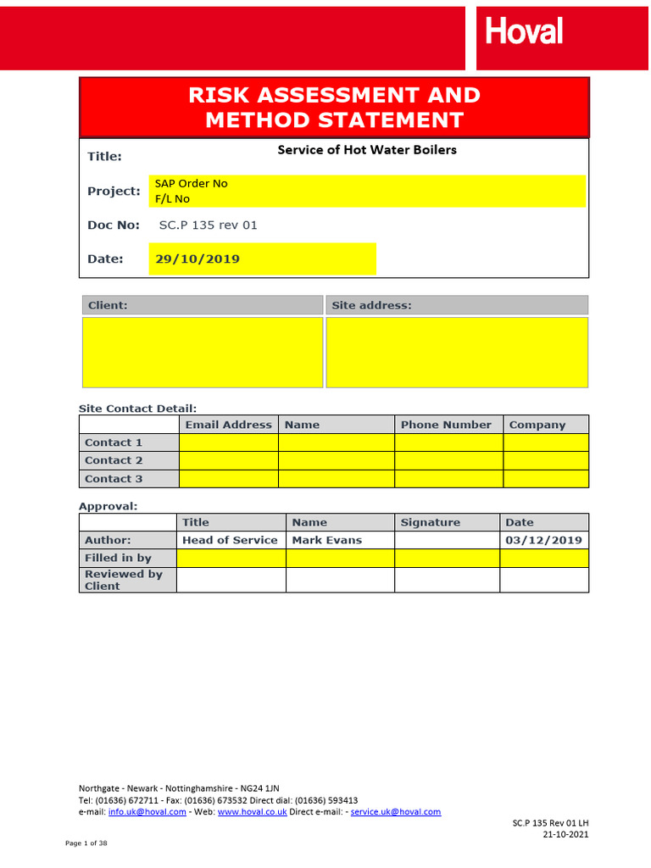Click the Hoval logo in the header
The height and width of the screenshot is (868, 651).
click(x=524, y=32)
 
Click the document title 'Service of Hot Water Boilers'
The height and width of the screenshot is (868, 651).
click(x=367, y=150)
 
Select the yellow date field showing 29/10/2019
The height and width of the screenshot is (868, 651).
click(x=262, y=259)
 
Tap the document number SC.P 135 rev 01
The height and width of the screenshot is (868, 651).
click(x=208, y=225)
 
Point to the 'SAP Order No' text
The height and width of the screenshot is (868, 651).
click(x=191, y=183)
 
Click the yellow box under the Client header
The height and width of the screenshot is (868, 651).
click(x=202, y=352)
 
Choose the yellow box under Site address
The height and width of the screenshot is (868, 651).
click(x=456, y=352)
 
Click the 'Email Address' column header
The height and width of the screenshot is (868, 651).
click(x=228, y=425)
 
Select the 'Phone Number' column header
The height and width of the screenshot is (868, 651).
click(x=446, y=425)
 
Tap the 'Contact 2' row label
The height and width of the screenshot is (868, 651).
click(x=114, y=460)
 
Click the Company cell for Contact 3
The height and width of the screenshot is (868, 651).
click(x=545, y=479)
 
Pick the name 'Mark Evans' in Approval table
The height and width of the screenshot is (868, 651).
click(x=326, y=540)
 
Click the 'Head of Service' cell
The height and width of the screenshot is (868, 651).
click(x=230, y=540)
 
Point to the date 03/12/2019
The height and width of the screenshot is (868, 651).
click(x=543, y=540)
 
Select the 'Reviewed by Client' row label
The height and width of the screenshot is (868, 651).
click(x=124, y=580)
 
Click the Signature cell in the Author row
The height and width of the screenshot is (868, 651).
click(x=447, y=540)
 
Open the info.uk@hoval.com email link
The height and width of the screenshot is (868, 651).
click(x=147, y=812)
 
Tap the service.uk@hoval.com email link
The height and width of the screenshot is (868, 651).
click(x=396, y=812)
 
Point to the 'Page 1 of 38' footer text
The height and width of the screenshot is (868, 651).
click(x=86, y=843)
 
